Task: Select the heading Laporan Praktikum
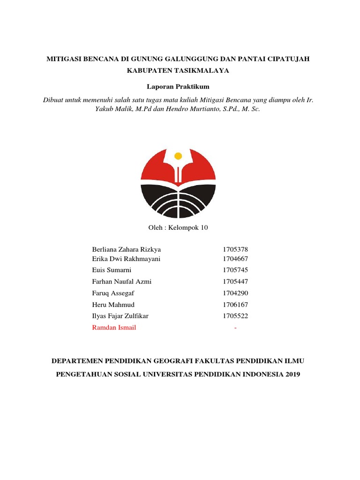tap(178, 87)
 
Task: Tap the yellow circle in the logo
tap(178, 156)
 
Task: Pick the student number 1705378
tap(235, 249)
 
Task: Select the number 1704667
tap(235, 258)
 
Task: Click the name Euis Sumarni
tap(112, 270)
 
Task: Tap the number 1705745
tap(235, 270)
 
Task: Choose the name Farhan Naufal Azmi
tap(122, 282)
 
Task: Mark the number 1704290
tap(235, 293)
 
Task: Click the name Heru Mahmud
tap(113, 305)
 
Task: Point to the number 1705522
tap(235, 316)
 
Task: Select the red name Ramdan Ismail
tap(114, 328)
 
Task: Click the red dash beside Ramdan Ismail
tap(235, 328)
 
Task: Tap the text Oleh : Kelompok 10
tap(178, 228)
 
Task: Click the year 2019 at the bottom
tap(291, 374)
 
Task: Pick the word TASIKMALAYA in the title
tap(205, 70)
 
